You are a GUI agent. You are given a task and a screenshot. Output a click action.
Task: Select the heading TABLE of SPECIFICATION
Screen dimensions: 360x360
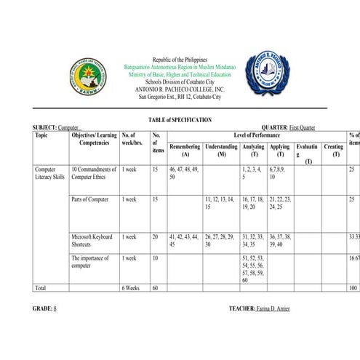[x=180, y=119]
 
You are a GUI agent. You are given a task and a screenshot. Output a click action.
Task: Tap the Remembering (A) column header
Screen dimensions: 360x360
[x=185, y=151]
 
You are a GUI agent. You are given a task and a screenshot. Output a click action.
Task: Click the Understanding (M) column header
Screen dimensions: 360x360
[x=221, y=151]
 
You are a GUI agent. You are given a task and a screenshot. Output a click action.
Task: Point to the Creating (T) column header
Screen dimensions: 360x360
[x=333, y=151]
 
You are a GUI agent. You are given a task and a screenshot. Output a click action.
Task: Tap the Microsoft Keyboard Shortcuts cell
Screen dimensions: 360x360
[x=93, y=241]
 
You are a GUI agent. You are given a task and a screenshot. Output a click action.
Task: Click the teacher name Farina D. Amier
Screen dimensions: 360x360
[x=272, y=309]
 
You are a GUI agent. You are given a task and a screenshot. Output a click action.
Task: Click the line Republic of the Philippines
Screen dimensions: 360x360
[x=180, y=60]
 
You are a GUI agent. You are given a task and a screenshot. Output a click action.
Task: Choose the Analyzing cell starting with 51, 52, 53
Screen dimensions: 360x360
[x=253, y=268]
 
